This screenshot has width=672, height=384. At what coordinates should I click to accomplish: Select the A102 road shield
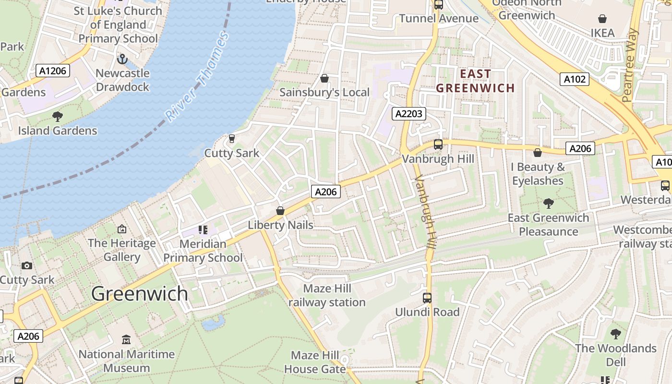click(575, 79)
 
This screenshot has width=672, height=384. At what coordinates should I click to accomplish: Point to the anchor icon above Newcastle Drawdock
click(122, 59)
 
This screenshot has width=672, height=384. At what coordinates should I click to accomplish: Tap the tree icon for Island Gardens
click(58, 116)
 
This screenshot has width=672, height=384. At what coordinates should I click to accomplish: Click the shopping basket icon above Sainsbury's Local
click(324, 78)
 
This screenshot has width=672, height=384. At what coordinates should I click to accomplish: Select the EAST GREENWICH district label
click(475, 81)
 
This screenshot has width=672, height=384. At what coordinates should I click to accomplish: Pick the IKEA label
click(602, 33)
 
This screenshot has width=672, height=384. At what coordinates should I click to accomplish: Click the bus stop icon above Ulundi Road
click(427, 298)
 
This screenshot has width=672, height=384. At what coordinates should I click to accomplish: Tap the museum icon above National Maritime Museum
click(126, 340)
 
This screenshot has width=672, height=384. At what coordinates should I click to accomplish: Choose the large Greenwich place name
click(140, 293)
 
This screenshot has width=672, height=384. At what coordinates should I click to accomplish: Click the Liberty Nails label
click(280, 225)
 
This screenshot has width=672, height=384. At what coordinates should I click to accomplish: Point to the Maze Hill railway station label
click(327, 295)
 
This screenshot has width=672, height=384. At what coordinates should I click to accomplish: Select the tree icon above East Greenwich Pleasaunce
click(548, 204)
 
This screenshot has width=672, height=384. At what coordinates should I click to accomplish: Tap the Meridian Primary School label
click(203, 251)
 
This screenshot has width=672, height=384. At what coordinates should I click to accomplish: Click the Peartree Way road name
click(630, 65)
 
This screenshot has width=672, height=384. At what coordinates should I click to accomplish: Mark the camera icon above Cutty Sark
click(27, 265)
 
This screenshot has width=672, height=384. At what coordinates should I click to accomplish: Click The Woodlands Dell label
click(615, 355)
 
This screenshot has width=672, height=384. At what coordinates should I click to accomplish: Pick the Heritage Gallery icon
click(122, 229)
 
